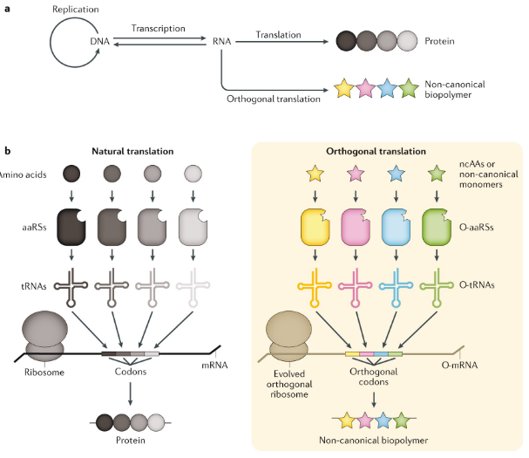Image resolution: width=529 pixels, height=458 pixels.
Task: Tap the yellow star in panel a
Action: pyautogui.click(x=344, y=88)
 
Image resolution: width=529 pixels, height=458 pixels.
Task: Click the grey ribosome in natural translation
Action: pyautogui.click(x=44, y=336)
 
